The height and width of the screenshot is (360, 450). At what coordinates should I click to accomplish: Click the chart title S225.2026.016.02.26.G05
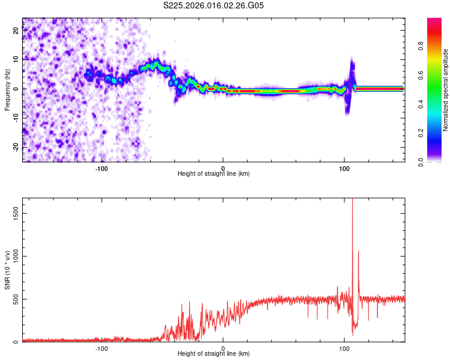(214, 6)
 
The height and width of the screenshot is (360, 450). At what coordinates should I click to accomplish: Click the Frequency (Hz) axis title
(8, 89)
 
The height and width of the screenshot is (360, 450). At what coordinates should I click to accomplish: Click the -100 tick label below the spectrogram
(101, 168)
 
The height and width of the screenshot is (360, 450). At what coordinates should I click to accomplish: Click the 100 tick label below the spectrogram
(344, 168)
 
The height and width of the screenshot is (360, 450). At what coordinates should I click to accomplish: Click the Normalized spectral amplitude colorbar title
(446, 90)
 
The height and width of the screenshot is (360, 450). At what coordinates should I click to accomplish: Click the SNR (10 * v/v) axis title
(8, 269)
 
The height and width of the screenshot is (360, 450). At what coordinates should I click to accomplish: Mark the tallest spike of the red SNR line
(352, 202)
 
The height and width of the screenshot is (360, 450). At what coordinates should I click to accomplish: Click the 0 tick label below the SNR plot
(223, 348)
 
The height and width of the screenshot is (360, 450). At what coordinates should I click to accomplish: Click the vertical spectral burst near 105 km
(351, 84)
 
